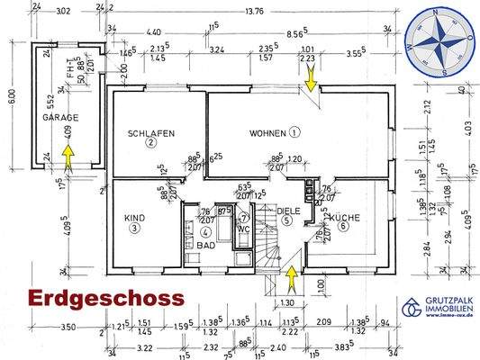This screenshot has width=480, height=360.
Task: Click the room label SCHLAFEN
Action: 151,133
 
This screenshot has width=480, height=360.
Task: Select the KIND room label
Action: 134,217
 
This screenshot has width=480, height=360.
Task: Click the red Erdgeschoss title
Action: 105,297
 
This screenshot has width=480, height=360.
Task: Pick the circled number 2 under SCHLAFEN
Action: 151,142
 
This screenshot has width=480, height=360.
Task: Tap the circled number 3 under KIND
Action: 134,228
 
